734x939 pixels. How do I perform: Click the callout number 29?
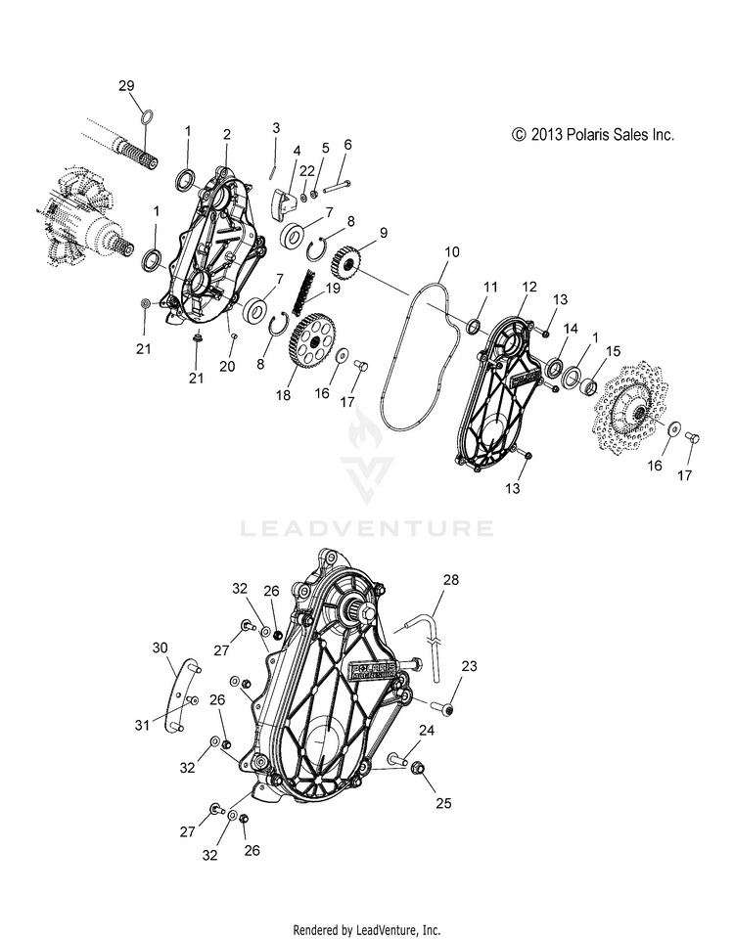click(126, 86)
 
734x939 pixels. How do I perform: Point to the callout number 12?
click(529, 287)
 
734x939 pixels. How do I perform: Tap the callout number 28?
click(450, 580)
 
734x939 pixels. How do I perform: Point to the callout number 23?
click(469, 666)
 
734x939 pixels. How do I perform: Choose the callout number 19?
click(333, 288)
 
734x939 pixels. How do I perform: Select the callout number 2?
click(227, 135)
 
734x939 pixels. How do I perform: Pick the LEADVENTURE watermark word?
click(367, 529)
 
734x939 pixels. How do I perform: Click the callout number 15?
click(613, 351)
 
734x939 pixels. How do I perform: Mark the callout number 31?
click(141, 725)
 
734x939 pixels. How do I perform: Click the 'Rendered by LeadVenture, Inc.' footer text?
click(367, 930)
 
